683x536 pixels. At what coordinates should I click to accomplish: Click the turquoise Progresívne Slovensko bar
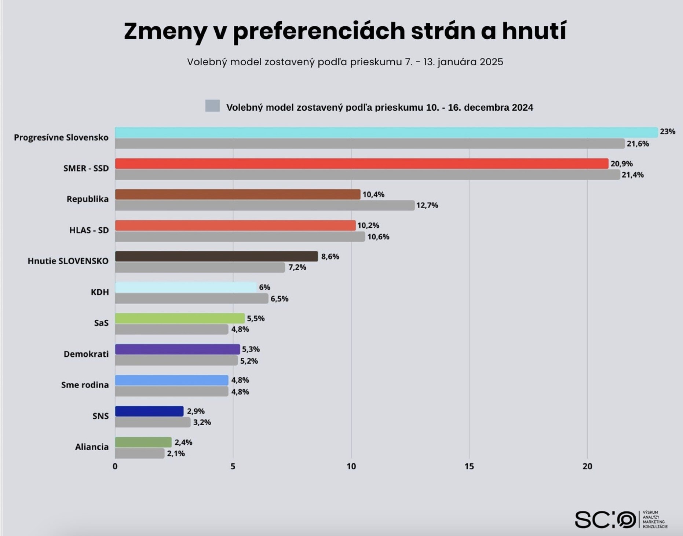click(x=385, y=132)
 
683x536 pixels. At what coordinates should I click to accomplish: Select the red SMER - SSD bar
click(x=361, y=164)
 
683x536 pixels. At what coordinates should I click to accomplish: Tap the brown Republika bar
click(x=238, y=194)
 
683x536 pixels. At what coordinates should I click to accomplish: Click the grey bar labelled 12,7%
click(x=264, y=205)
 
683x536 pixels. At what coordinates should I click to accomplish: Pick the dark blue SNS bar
click(x=149, y=411)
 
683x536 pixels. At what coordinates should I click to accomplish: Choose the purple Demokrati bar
click(x=177, y=349)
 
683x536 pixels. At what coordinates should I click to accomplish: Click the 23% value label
click(x=667, y=132)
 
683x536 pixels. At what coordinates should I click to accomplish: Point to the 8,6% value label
click(x=330, y=257)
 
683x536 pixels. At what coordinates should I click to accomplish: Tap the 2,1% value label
click(x=176, y=454)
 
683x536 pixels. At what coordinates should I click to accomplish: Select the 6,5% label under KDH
click(x=279, y=299)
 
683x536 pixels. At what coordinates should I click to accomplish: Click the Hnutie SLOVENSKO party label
click(x=68, y=261)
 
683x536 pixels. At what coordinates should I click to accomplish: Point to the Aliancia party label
click(x=92, y=447)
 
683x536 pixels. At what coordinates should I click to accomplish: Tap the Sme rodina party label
click(x=85, y=385)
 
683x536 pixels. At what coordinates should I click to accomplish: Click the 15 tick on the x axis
click(x=469, y=466)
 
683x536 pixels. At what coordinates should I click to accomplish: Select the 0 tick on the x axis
click(x=115, y=466)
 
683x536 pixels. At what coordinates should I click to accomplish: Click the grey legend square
click(x=212, y=106)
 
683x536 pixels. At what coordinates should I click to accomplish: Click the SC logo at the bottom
click(x=605, y=520)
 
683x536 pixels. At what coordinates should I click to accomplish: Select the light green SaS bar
click(x=180, y=318)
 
